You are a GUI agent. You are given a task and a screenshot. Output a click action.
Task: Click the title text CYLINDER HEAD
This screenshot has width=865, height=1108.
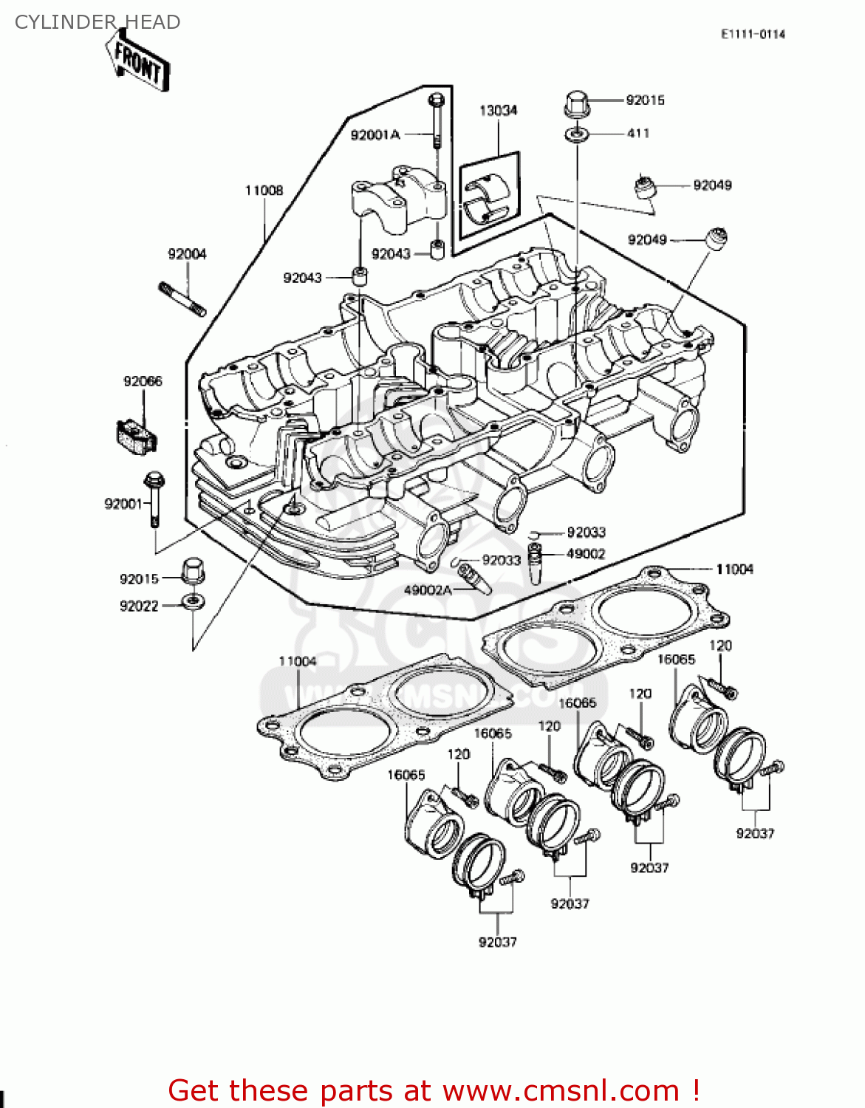click(98, 22)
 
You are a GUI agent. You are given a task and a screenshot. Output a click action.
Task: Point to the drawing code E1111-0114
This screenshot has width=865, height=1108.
click(753, 34)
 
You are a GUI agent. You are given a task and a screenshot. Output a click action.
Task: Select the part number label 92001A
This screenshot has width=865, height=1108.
click(375, 134)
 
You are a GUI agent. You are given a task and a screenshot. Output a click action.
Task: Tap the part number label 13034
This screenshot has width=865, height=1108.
click(498, 110)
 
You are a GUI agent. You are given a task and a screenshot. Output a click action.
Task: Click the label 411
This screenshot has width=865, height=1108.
click(638, 134)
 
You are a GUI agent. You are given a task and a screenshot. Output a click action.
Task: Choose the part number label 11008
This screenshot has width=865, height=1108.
click(264, 190)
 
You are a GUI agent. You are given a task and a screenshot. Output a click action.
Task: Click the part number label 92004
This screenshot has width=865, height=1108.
click(187, 254)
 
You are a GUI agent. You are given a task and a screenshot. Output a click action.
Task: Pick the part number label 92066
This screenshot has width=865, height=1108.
click(143, 381)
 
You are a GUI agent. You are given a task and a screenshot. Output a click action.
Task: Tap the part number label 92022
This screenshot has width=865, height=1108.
click(139, 606)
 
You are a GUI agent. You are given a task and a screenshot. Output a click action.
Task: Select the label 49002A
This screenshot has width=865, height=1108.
click(428, 590)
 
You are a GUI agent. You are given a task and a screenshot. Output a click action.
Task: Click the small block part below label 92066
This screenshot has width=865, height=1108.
click(136, 436)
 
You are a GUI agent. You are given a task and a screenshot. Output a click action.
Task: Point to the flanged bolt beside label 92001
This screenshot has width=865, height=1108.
click(154, 498)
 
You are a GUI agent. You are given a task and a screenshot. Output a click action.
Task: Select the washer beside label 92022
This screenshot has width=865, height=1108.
click(194, 601)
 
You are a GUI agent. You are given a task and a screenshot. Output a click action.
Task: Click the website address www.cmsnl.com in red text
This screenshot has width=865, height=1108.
click(561, 1090)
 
